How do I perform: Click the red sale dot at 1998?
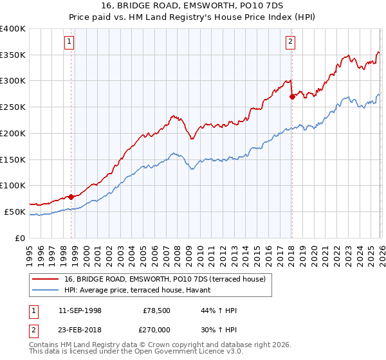(x=71, y=197)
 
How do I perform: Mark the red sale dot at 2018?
(x=292, y=96)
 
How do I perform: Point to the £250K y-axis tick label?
(x=12, y=107)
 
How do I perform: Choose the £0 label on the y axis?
(x=21, y=238)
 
